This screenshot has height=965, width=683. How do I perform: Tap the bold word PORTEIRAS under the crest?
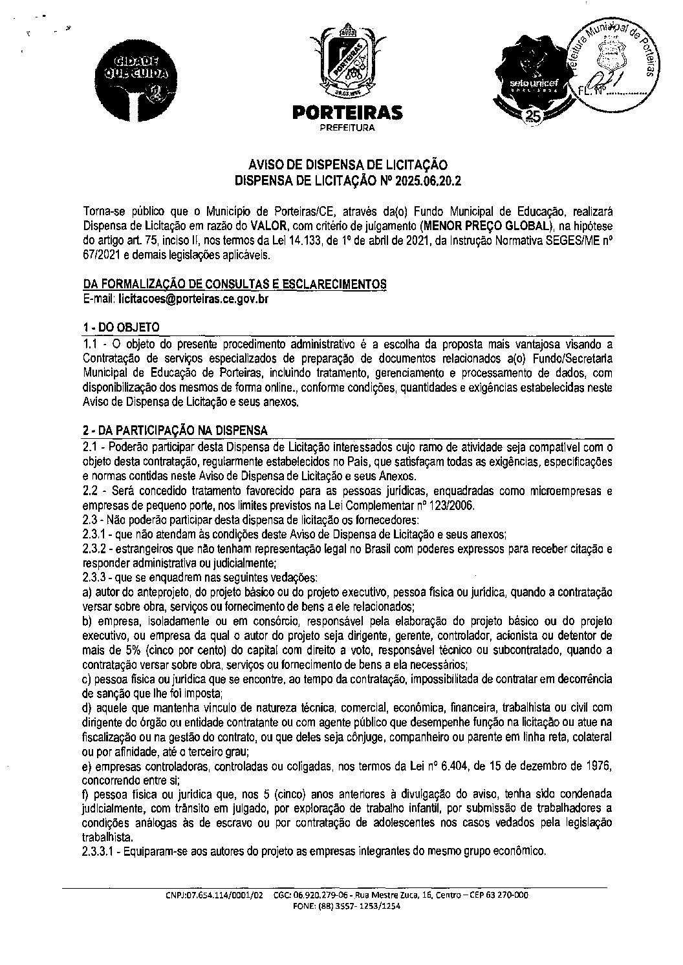coord(347,113)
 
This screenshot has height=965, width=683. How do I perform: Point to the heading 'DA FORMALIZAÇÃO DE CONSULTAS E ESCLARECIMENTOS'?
coord(235,285)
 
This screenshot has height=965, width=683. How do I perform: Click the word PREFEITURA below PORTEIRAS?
coord(347,128)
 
